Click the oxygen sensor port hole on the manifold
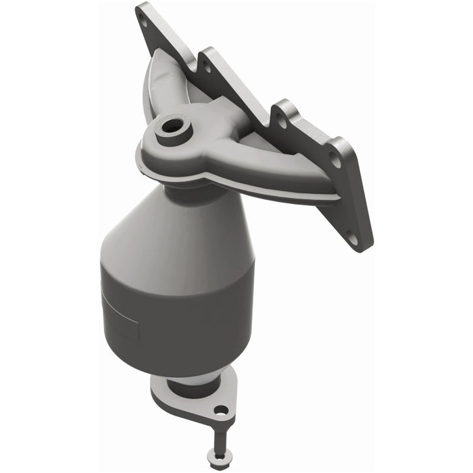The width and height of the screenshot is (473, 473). tap(172, 126)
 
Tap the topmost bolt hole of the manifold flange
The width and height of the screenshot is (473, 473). tap(143, 20)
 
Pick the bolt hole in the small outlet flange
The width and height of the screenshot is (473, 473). tap(221, 409)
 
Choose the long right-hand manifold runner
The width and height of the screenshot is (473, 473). tap(284, 169)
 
